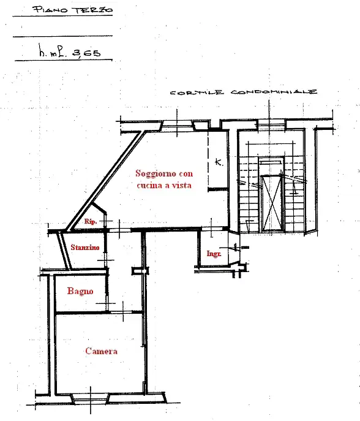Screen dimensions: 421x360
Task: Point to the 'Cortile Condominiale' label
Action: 244,93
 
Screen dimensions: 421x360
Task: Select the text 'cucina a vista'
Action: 163,185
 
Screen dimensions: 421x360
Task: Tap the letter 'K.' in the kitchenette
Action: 219,163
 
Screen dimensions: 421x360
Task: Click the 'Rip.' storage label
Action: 91,221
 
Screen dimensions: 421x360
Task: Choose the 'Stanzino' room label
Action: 84,248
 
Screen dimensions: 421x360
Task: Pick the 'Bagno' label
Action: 80,291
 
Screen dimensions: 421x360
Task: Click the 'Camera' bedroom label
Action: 101,351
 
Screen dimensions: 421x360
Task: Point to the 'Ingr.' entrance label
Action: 213,253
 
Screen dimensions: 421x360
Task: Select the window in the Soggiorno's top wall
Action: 177,126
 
